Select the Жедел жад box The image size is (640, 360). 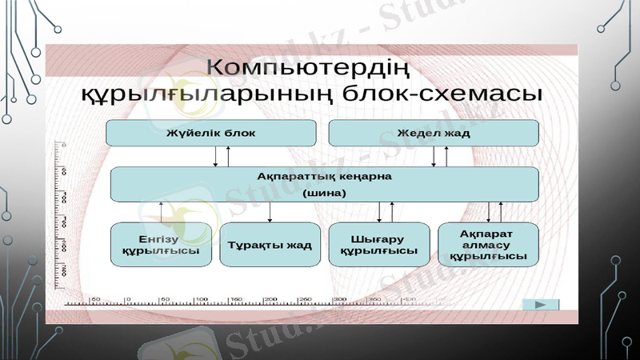434,133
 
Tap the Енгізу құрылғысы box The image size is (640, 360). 161,244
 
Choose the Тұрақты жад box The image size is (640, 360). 270,244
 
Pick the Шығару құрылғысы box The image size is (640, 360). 378,244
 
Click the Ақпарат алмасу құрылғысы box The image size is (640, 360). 488,244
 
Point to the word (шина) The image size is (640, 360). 324,193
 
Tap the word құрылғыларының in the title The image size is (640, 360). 206,94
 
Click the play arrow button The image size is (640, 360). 540,305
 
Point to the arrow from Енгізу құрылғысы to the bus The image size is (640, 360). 162,212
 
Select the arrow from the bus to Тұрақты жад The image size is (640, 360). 270,212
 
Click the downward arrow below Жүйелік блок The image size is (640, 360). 215,157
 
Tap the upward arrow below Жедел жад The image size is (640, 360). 446,157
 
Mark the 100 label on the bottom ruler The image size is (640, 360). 201,299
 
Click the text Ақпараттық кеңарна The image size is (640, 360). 324,175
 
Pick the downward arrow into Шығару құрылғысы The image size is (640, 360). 378,212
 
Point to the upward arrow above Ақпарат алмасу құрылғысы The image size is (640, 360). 501,212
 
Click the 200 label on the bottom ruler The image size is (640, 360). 270,299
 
